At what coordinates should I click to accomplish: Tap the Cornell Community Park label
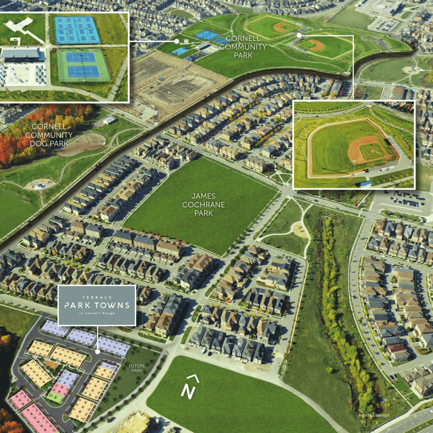[x=246, y=47]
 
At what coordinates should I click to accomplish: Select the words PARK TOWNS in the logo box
[x=97, y=305]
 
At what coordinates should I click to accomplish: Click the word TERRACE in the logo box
[x=97, y=295]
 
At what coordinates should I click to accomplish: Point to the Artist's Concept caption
[x=374, y=415]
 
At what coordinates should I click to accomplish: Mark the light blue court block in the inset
[x=77, y=30]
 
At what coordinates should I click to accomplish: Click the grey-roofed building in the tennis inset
[x=21, y=53]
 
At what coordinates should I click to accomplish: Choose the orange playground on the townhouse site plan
[x=51, y=364]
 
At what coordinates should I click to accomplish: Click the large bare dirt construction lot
[x=168, y=84]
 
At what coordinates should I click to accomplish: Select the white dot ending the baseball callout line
[x=299, y=36]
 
